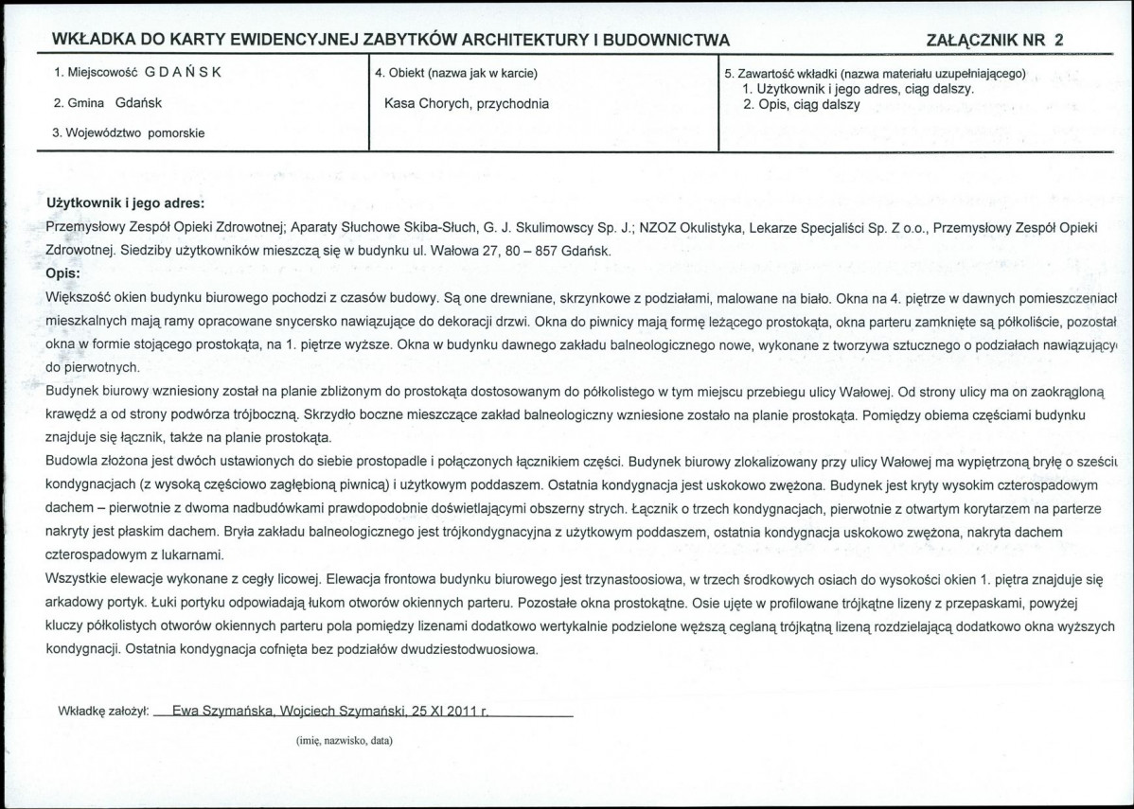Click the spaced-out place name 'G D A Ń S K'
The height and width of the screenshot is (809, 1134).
pyautogui.click(x=184, y=72)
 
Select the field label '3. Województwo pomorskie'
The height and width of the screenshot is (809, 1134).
pyautogui.click(x=127, y=132)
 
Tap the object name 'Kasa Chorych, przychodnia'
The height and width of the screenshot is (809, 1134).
pyautogui.click(x=466, y=103)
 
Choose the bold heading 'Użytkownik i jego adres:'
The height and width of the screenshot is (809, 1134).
pyautogui.click(x=125, y=202)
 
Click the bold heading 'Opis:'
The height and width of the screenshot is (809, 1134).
pyautogui.click(x=63, y=273)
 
